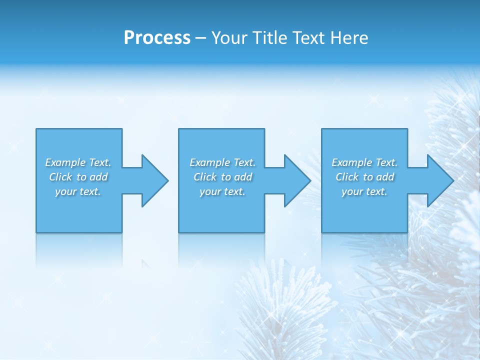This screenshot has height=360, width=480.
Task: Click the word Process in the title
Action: tap(157, 38)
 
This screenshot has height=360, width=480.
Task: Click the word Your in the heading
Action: tap(228, 38)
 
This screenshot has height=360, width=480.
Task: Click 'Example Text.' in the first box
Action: tap(78, 162)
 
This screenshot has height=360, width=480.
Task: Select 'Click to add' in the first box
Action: tap(78, 177)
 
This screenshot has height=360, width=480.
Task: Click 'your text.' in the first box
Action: tap(78, 191)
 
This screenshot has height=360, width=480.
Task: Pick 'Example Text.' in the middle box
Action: tap(222, 162)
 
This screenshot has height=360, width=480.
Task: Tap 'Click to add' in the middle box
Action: tap(222, 177)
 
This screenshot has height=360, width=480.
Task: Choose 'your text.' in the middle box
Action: tap(222, 191)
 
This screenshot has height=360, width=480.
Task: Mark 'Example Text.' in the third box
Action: tap(364, 162)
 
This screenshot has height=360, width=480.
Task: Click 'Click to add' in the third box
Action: tap(364, 177)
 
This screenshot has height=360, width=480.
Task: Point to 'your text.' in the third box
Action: tap(364, 191)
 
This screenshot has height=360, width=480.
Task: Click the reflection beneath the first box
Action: tap(79, 250)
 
